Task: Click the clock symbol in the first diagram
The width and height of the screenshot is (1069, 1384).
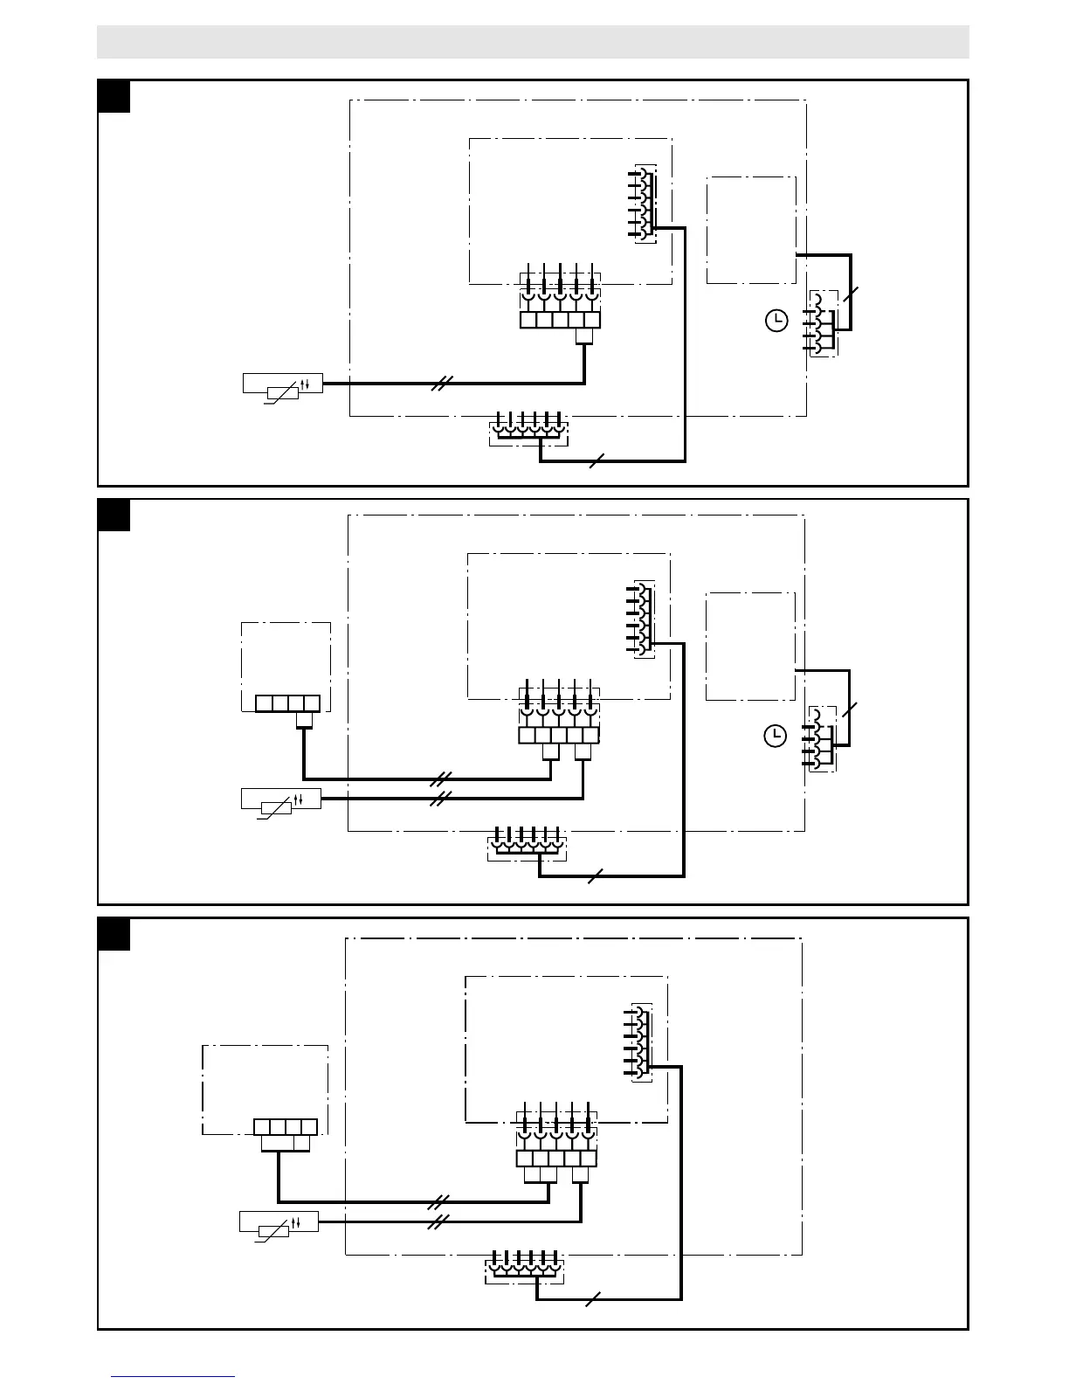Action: [776, 322]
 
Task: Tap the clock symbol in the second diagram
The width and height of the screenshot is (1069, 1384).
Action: [775, 737]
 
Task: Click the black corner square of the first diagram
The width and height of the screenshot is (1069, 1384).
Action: [114, 96]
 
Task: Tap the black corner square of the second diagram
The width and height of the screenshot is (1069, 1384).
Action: [114, 515]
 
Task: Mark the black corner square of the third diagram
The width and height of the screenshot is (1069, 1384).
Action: [114, 933]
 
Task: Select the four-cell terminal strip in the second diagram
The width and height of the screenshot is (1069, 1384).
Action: [287, 703]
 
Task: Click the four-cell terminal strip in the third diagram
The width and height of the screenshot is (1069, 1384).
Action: [285, 1127]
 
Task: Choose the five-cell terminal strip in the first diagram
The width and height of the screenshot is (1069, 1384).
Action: [559, 320]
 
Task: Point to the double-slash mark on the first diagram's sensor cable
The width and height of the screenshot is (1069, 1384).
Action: [443, 382]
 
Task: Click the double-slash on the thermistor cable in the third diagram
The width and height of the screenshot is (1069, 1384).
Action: [439, 1220]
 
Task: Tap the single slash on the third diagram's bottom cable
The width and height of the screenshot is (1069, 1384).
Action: [593, 1299]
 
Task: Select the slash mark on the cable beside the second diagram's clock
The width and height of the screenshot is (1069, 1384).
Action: [852, 709]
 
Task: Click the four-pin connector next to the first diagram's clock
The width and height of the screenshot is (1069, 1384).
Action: [821, 323]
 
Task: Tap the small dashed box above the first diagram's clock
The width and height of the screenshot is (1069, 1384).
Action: [750, 230]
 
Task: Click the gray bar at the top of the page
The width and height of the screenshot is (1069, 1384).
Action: [533, 41]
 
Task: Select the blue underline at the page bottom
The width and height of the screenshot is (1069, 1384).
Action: [172, 1376]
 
